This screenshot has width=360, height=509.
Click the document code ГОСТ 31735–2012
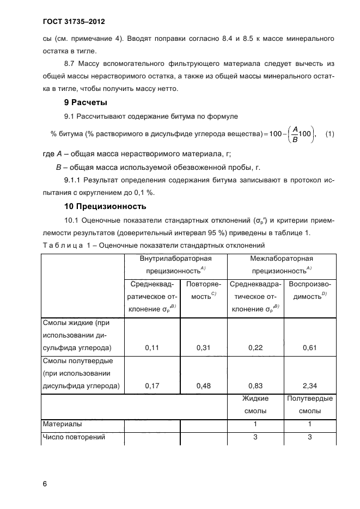pos(73,22)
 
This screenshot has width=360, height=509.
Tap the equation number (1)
pos(330,134)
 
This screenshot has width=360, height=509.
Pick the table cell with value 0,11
pos(152,347)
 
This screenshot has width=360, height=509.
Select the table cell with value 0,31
pos(203,347)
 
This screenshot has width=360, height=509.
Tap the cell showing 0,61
pos(309,347)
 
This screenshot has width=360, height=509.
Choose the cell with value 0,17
pos(152,386)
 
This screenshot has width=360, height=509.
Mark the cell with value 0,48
pos(203,386)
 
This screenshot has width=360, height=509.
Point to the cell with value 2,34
pos(309,386)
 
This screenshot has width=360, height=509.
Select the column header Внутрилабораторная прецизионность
pos(175,265)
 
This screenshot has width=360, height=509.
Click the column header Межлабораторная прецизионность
pos(281,265)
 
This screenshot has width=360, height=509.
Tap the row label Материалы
pos(63,423)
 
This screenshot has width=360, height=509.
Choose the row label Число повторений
pos(74,437)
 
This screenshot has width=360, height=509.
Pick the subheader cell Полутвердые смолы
pos(309,404)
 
